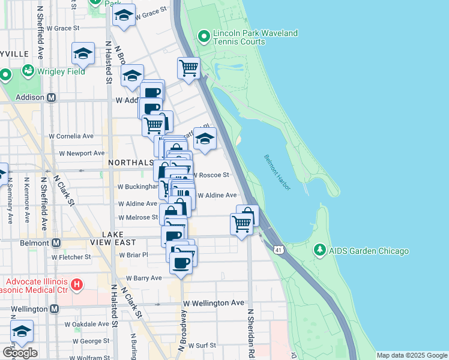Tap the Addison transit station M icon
click(52, 97)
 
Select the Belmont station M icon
click(56, 243)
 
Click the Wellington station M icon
click(54, 308)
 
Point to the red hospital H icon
click(76, 283)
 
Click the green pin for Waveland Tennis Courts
click(204, 37)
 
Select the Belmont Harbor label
click(277, 173)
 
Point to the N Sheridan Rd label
click(250, 335)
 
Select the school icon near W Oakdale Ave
click(22, 332)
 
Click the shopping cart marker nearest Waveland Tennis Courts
click(188, 68)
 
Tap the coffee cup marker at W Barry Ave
click(181, 262)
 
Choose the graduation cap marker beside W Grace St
click(124, 16)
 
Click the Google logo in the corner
click(20, 352)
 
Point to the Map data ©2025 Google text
click(411, 355)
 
